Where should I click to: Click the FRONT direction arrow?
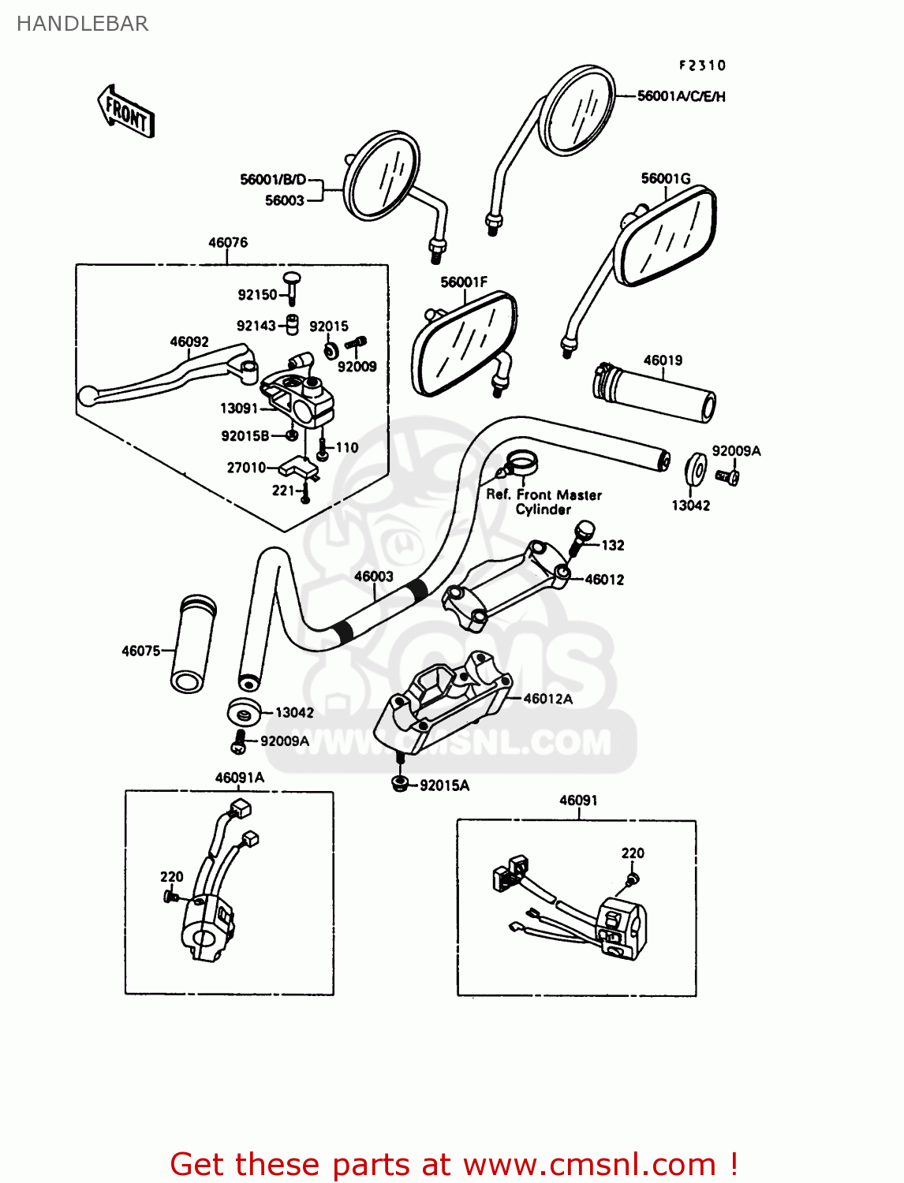click(126, 113)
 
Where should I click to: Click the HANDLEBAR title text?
click(82, 24)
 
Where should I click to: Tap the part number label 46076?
click(228, 242)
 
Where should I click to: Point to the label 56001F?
click(464, 282)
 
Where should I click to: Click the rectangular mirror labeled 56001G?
click(667, 237)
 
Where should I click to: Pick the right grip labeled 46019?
click(655, 392)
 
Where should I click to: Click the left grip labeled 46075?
click(192, 644)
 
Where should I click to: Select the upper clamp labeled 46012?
click(505, 584)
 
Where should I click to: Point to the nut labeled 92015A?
click(400, 783)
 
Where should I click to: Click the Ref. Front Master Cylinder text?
click(544, 502)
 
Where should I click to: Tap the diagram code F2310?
click(702, 65)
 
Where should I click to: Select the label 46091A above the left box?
click(240, 778)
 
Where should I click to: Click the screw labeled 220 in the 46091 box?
click(631, 878)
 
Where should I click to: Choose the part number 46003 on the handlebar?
click(373, 577)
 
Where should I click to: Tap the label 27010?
click(246, 468)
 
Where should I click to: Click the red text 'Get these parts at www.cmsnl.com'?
click(454, 1164)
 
